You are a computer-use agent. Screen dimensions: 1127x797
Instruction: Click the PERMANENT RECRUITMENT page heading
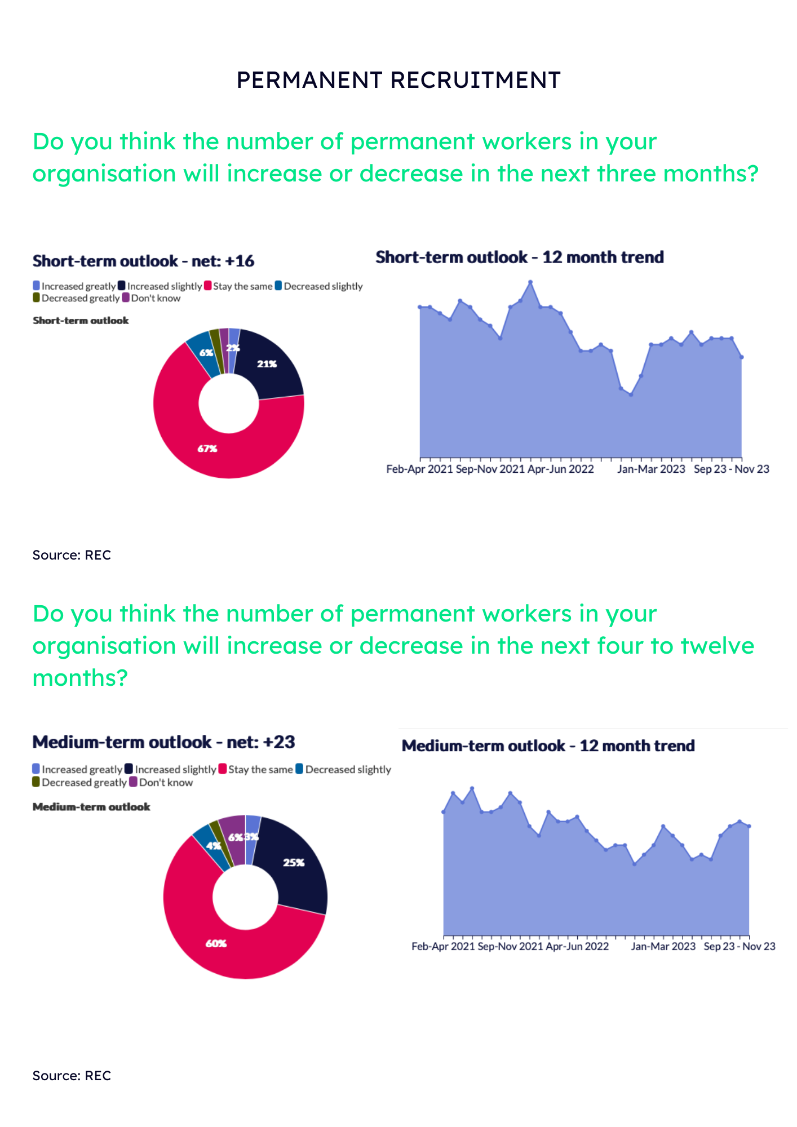click(x=398, y=80)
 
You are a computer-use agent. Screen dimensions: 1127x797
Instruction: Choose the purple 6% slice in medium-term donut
click(x=233, y=837)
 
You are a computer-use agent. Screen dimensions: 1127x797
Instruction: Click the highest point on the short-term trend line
click(x=530, y=282)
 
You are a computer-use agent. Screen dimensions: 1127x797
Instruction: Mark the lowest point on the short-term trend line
click(x=631, y=394)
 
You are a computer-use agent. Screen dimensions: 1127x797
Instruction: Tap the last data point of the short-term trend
click(x=742, y=357)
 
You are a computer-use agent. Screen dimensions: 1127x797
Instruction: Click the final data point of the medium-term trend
click(x=749, y=826)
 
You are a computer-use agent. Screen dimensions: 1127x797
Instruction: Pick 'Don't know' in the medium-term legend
click(x=166, y=783)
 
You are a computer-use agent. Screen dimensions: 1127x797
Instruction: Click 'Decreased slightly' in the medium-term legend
click(x=348, y=770)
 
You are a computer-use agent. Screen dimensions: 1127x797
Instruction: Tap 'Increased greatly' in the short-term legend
click(x=78, y=286)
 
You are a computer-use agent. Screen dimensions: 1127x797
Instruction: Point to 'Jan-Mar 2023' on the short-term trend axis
click(x=651, y=469)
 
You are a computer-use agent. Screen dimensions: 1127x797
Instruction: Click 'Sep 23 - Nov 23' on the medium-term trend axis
click(x=739, y=947)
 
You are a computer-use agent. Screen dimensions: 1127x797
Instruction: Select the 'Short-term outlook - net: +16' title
click(x=143, y=261)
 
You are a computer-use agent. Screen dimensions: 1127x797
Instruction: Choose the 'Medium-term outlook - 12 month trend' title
click(x=548, y=746)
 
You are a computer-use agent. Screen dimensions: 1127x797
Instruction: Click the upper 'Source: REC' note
click(x=72, y=555)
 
